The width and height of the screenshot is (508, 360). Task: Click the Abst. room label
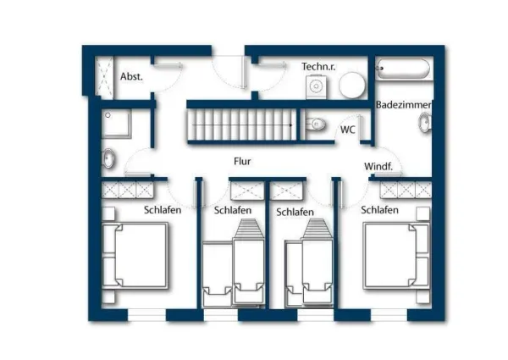coord(131,76)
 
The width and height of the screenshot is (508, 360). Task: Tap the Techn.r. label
coord(318,66)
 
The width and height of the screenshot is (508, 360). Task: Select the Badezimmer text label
coord(403,105)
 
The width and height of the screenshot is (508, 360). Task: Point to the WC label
coord(348,130)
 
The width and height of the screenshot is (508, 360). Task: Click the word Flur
coord(242,161)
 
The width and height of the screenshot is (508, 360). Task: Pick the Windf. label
coord(378,166)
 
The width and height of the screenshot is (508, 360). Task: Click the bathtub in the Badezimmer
coord(403,69)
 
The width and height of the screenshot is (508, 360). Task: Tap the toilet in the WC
coord(315,124)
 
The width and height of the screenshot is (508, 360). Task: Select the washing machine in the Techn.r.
coord(316,86)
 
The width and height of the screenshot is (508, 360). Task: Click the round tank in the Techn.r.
coord(352,85)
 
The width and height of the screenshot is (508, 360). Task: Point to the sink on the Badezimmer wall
coord(425,123)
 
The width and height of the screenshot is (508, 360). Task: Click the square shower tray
coord(116,124)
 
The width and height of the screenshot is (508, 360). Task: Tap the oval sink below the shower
coord(108,158)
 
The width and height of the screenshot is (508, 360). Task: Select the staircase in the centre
coord(242,125)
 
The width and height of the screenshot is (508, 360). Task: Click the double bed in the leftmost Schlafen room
coord(135,255)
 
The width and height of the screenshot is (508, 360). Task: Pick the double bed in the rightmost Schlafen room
coord(396,255)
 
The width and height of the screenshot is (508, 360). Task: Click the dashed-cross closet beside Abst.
coord(104,77)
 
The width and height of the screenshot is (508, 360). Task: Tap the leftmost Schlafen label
coord(163,210)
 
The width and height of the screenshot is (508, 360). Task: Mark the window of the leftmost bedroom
coord(146,314)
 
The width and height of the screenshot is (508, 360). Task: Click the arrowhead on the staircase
coord(291,125)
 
